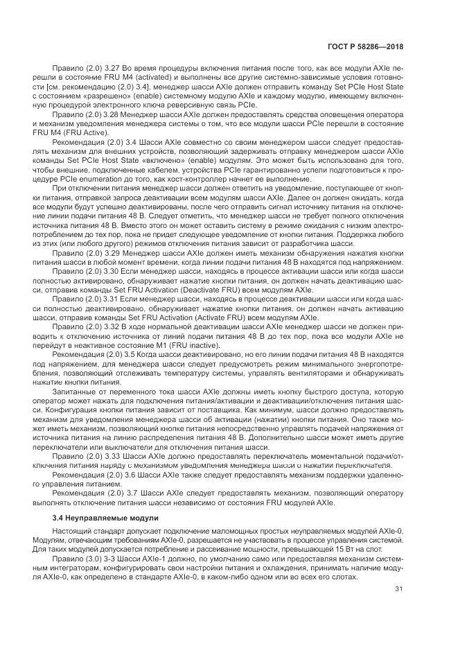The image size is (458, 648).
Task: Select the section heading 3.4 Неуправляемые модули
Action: click(106, 518)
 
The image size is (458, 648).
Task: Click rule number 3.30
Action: click(133, 272)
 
